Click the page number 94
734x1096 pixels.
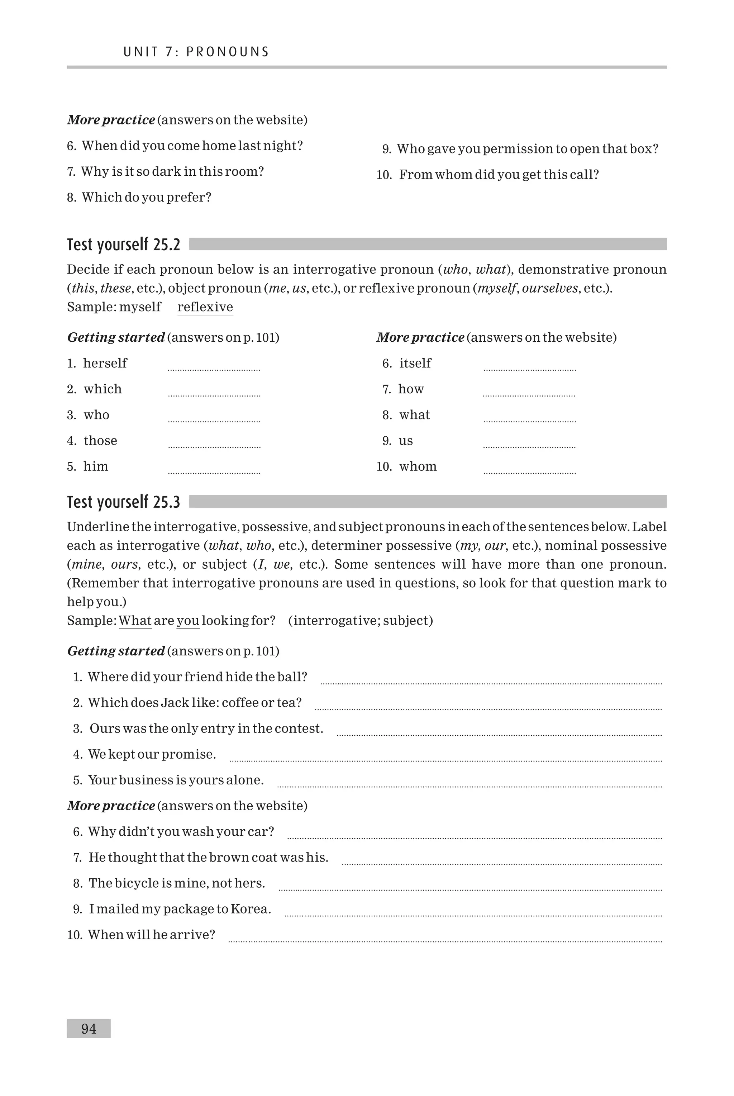[89, 1029]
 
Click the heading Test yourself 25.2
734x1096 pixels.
[124, 245]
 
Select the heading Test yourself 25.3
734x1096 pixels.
[124, 502]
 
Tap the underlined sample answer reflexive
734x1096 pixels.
[205, 307]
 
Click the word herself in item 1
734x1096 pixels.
[105, 363]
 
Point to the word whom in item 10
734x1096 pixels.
[418, 466]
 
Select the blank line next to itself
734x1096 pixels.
[529, 369]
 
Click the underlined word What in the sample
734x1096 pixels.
[135, 621]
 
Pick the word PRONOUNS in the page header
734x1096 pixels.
[228, 52]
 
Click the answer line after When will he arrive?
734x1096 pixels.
[445, 940]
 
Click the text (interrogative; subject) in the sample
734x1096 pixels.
[361, 621]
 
